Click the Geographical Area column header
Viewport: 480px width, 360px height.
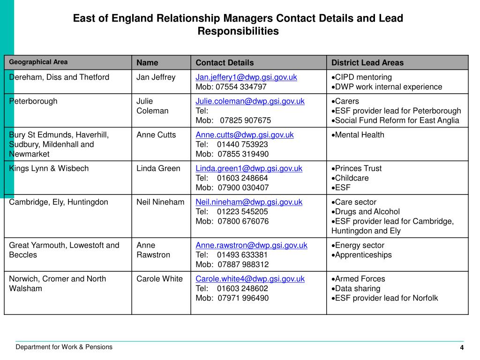point(38,62)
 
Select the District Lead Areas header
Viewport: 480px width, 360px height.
point(367,63)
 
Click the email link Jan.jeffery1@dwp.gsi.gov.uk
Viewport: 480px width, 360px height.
point(246,77)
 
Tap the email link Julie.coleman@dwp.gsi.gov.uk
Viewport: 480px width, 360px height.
point(250,101)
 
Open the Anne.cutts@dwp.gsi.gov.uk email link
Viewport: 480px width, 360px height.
point(244,135)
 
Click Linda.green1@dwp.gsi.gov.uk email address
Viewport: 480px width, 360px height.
point(249,168)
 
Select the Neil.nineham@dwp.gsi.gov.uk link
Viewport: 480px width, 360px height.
point(249,202)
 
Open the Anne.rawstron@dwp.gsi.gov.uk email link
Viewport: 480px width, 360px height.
point(251,245)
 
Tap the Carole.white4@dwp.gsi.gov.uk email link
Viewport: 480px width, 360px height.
point(250,279)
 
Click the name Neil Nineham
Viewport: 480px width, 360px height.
point(160,202)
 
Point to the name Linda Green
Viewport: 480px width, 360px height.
point(158,168)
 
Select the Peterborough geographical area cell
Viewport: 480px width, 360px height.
point(33,101)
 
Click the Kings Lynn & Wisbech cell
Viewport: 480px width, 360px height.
point(49,168)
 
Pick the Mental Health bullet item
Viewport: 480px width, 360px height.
point(359,135)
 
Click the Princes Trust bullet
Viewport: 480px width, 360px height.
point(358,168)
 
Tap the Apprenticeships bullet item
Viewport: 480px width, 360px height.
point(363,255)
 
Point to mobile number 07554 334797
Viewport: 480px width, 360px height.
point(241,87)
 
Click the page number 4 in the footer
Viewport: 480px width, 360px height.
point(462,347)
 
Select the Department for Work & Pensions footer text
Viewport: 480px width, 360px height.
point(64,347)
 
